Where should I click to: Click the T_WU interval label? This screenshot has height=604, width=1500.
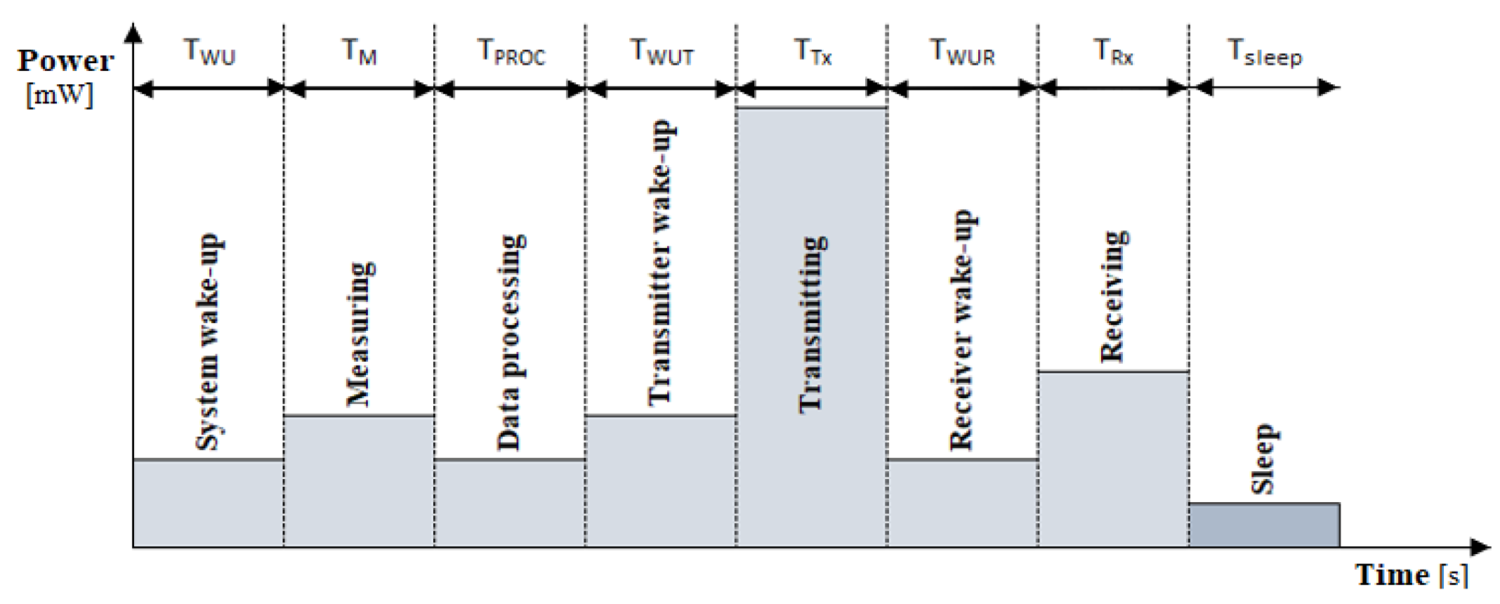(209, 52)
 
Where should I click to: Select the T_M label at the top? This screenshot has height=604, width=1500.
(360, 52)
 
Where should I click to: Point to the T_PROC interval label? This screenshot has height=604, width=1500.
(511, 52)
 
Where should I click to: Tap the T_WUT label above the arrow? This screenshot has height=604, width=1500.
(662, 52)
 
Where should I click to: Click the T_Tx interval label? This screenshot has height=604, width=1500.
(813, 52)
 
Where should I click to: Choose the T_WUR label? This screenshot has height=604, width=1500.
(962, 52)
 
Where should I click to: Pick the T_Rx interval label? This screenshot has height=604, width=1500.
(1114, 52)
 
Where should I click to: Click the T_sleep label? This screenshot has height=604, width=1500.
(1264, 53)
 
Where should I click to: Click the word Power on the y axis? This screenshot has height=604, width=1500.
(65, 62)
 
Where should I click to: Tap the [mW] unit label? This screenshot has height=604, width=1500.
(59, 94)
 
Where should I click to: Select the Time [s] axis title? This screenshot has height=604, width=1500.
(1411, 575)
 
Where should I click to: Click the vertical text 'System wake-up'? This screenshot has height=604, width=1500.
(208, 342)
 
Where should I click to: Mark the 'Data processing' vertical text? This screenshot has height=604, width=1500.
(511, 342)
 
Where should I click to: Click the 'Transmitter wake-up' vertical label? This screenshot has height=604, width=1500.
(661, 263)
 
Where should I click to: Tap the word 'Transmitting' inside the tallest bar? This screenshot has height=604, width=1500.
(813, 324)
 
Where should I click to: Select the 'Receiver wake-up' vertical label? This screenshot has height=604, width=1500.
(962, 329)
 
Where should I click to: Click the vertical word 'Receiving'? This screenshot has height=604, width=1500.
(1114, 296)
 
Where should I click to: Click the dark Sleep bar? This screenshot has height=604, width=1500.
(1264, 525)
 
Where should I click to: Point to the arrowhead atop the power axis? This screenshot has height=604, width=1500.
(133, 32)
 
